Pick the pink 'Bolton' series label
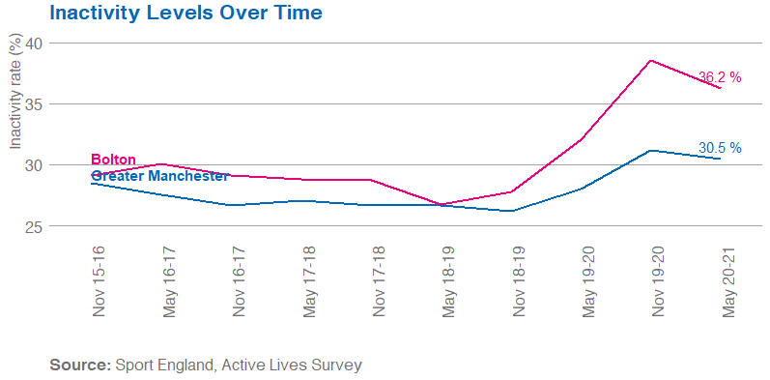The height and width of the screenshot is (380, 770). tap(113, 160)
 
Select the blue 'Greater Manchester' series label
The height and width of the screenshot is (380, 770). tap(159, 176)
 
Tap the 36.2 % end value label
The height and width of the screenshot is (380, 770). tap(719, 77)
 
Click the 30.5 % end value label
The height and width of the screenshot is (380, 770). tap(719, 148)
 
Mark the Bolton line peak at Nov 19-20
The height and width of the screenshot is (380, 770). tap(650, 60)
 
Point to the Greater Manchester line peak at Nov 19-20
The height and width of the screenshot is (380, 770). tap(650, 150)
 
